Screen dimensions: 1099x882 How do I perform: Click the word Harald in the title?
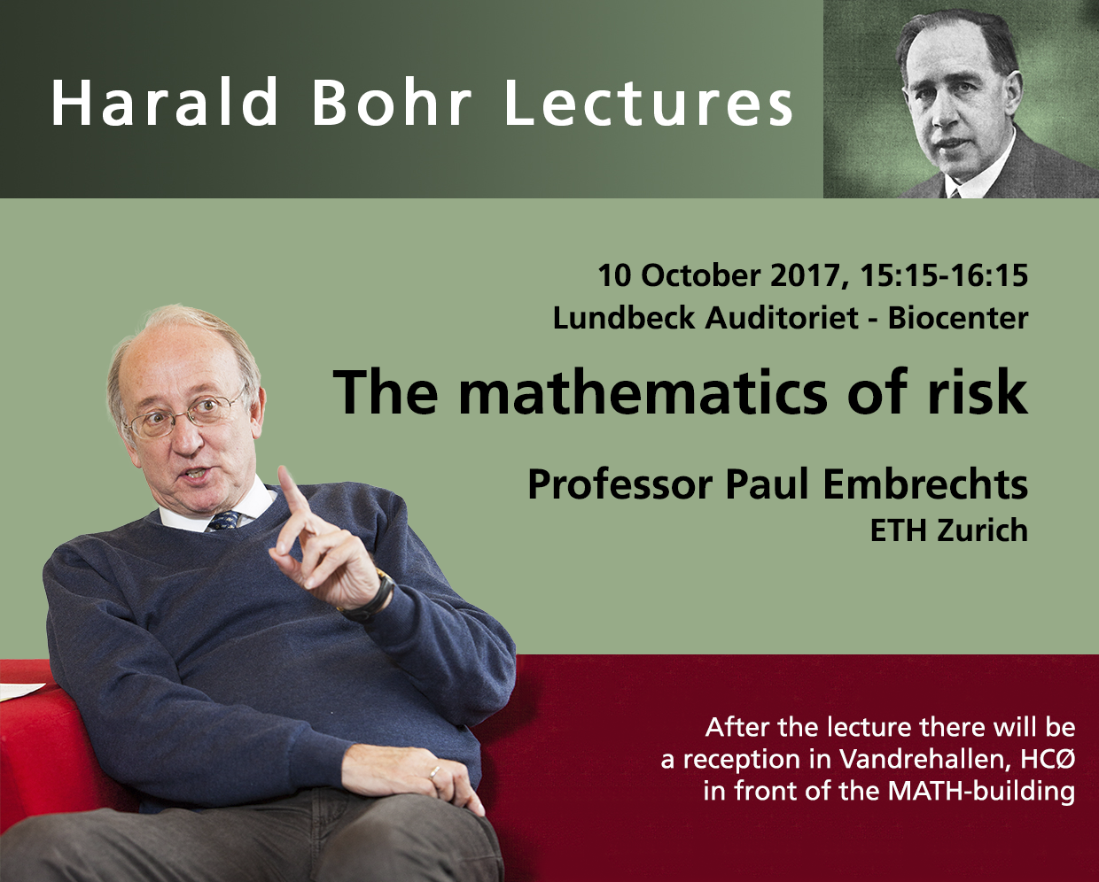[164, 101]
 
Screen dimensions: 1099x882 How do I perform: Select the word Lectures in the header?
[649, 101]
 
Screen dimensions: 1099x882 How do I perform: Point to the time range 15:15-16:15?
[944, 275]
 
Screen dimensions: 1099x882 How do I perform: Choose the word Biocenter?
[958, 318]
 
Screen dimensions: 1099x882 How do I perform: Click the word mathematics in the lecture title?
[643, 392]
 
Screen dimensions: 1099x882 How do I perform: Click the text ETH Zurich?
[949, 530]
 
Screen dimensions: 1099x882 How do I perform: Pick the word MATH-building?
[981, 792]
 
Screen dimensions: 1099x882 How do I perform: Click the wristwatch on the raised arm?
[373, 596]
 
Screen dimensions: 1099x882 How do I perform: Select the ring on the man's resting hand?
[434, 772]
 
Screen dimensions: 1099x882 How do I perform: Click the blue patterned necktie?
[223, 520]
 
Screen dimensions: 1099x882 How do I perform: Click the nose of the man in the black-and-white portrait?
[948, 114]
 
